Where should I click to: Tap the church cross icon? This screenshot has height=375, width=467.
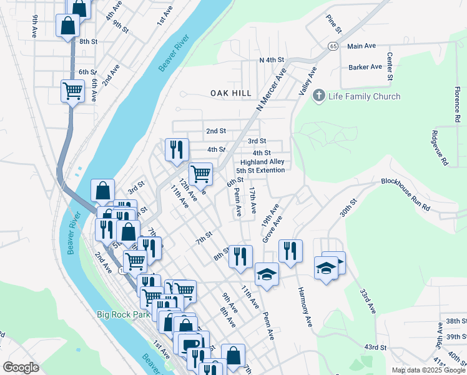pos(318,96)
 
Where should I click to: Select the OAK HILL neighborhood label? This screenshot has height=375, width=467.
pos(231,93)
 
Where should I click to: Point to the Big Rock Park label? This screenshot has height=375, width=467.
pos(124,314)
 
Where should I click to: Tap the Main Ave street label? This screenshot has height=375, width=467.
pos(361,46)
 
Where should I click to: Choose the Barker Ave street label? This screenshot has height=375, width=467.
pos(365,67)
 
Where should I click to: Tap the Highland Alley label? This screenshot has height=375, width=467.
pos(262,162)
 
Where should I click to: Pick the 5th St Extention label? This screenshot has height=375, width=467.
pos(260,171)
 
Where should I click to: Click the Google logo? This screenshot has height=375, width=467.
pos(21,367)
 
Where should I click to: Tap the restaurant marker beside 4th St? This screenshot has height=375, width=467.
pos(177,149)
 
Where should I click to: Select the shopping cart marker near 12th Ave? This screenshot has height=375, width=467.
pos(200,173)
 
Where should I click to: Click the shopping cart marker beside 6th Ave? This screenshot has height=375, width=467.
pos(73,91)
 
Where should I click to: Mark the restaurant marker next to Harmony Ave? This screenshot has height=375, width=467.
pos(290,251)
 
